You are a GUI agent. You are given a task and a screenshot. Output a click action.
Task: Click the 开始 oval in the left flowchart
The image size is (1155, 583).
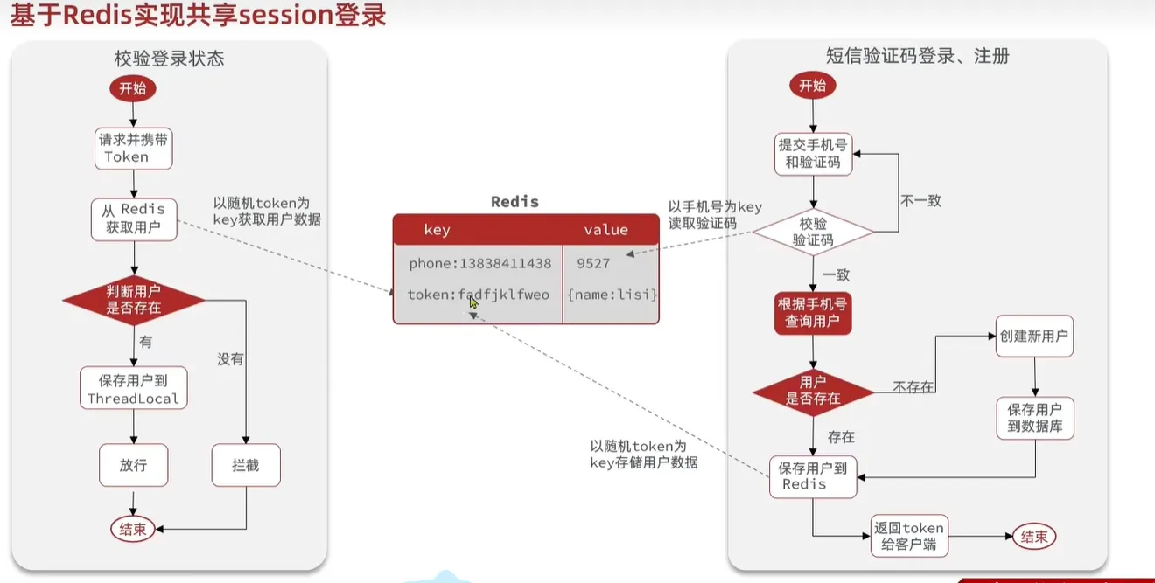point(132,88)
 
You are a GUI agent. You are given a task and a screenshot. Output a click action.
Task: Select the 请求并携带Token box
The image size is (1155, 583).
point(134,149)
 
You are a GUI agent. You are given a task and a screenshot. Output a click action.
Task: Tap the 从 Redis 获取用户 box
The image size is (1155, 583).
point(134,219)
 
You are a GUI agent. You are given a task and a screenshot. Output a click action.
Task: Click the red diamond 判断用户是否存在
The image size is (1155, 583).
point(134,300)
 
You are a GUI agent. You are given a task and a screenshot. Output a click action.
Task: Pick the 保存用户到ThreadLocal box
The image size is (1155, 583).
point(134,388)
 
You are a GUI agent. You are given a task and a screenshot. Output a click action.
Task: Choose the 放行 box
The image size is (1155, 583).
point(134,465)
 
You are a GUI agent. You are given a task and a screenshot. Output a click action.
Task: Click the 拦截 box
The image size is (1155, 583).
point(246,465)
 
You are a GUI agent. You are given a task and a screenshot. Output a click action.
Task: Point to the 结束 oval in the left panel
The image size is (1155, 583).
point(133,529)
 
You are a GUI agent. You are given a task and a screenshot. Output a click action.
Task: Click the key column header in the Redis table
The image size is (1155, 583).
point(437,230)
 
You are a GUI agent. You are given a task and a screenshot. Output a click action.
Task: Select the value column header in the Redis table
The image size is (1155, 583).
point(605,230)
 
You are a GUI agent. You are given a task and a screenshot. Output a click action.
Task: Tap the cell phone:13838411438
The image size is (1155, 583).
point(480,264)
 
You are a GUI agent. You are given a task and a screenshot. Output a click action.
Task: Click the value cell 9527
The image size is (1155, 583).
point(593,264)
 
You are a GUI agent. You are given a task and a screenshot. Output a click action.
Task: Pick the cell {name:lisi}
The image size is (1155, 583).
point(612,295)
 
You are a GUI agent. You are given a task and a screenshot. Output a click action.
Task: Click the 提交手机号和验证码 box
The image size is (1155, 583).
point(813,154)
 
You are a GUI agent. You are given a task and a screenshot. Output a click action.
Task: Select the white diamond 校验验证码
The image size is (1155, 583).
point(813,232)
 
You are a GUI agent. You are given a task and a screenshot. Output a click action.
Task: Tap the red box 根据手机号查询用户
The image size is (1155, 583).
point(813,313)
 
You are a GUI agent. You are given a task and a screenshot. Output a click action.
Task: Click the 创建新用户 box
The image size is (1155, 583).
point(1034,336)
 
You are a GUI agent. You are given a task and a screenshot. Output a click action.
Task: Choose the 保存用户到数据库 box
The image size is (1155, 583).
point(1035,418)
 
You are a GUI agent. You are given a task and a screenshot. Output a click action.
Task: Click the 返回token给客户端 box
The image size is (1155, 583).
point(909,536)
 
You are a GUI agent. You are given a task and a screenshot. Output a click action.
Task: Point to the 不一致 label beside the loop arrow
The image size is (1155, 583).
point(920,200)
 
